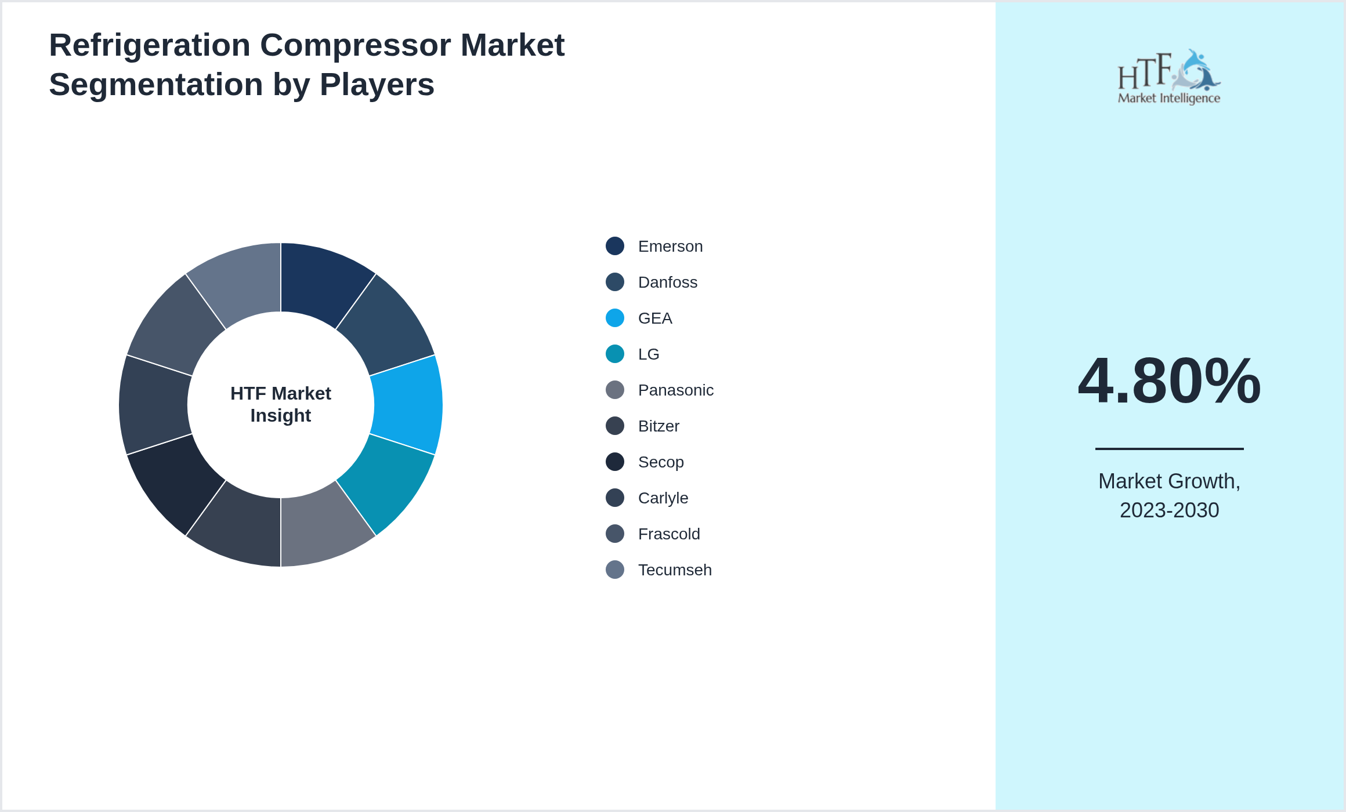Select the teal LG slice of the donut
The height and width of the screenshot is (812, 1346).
pos(381,483)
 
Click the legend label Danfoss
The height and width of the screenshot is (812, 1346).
pos(667,282)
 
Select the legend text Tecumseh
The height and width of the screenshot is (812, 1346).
pos(674,570)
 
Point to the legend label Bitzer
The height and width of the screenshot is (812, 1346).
pos(658,426)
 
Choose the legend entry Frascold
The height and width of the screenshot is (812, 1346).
pos(668,534)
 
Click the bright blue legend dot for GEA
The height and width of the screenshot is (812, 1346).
pos(615,318)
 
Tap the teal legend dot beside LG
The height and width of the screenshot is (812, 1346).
pos(615,354)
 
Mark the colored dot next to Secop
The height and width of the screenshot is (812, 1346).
pos(615,462)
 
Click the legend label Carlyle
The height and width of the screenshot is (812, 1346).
pos(663,498)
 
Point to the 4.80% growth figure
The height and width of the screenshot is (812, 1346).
pos(1169,381)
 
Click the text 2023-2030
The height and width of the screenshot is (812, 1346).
pos(1169,510)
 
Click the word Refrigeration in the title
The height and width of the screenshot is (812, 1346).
pos(150,45)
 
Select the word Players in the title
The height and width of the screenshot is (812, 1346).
pos(377,85)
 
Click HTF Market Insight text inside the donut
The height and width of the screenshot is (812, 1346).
pos(281,404)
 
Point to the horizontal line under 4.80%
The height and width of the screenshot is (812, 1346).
pos(1169,448)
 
